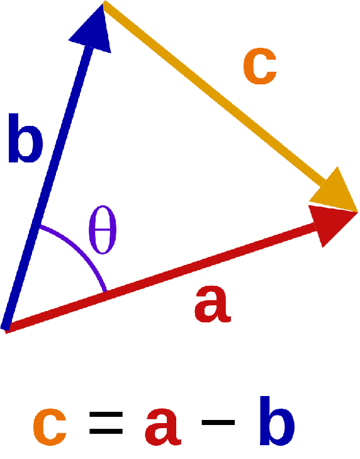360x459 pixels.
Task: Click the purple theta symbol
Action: point(103,230)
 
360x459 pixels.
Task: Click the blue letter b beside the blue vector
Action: point(26,138)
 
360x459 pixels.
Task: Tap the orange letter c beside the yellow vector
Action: point(260,66)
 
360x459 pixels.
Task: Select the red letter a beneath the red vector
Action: point(213,305)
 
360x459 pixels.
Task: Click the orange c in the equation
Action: point(50,427)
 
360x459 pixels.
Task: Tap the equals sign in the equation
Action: point(106,423)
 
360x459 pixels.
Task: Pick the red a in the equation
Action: point(163,427)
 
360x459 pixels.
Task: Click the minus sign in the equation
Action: point(218,422)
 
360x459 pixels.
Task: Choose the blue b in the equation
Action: point(277,421)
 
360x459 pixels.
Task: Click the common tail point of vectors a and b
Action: point(6,329)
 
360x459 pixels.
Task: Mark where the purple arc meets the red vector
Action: point(105,292)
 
